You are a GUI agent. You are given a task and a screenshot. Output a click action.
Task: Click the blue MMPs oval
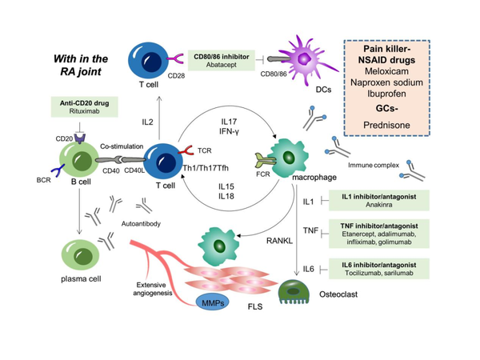[213, 302]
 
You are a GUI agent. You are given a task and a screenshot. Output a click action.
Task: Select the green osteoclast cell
[294, 292]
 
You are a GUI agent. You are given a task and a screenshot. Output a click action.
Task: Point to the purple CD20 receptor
[80, 138]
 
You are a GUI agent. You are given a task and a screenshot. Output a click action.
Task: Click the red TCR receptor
[186, 150]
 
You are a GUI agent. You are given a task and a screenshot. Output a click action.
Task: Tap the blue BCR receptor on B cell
[58, 170]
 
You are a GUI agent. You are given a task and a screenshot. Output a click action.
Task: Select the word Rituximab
[85, 111]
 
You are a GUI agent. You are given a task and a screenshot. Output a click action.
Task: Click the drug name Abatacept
[222, 65]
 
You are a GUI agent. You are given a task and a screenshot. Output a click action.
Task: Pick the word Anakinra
[379, 205]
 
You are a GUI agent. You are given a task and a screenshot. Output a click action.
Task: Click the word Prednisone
[386, 126]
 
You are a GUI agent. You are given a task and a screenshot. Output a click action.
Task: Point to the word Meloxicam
[386, 71]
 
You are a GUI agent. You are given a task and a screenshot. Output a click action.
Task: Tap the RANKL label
[279, 241]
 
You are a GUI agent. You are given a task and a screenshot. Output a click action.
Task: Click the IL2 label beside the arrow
[147, 122]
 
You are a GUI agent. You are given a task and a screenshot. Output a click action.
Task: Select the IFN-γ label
[229, 131]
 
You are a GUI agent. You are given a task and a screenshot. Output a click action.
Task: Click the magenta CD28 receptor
[174, 58]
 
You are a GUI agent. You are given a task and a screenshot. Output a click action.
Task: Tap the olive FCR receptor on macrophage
[266, 160]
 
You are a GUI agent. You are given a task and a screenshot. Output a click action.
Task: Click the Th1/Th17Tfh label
[206, 168]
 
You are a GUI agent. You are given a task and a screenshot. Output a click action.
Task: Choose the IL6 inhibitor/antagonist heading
[379, 265]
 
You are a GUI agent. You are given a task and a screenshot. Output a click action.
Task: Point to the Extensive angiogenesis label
[153, 289]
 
